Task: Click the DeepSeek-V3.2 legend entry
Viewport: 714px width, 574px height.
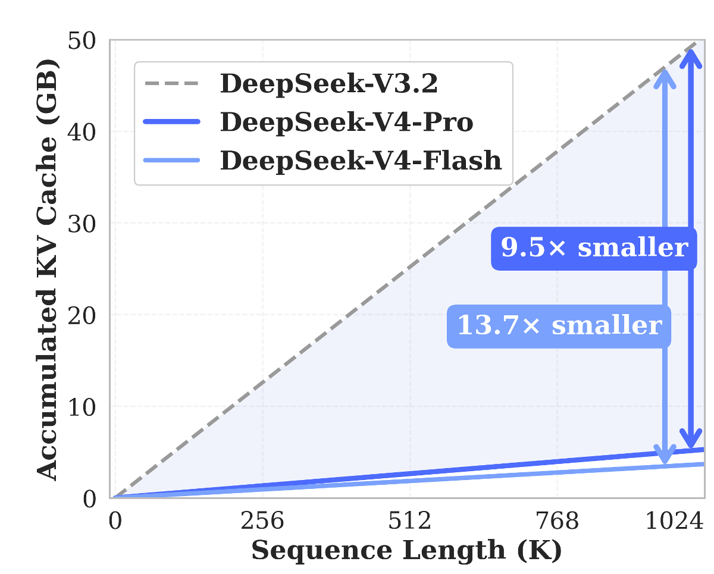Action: [328, 84]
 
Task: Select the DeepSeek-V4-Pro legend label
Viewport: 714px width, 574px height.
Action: [346, 123]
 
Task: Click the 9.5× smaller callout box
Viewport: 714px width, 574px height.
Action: [594, 247]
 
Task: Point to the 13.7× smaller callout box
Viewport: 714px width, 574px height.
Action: [559, 326]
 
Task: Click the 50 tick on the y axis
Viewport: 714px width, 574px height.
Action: [89, 42]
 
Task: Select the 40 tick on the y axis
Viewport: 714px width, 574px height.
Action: [89, 132]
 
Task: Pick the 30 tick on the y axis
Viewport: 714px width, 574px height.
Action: [89, 224]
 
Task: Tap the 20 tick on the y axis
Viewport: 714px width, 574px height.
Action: [89, 315]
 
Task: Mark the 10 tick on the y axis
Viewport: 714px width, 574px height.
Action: [89, 407]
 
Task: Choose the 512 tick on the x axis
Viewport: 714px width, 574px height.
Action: [411, 522]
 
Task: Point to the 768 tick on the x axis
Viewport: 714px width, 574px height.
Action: [557, 522]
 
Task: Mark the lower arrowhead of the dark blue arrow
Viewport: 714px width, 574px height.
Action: [690, 441]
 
